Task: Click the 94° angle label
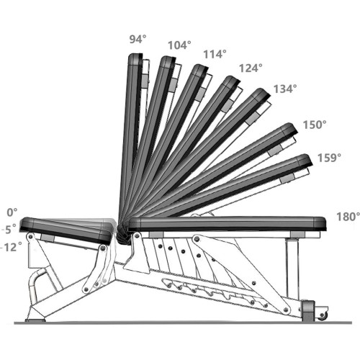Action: pos(138,39)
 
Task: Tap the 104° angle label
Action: pos(179,45)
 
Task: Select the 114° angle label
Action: pos(215,54)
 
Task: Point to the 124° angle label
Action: pos(251,68)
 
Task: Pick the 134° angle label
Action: pos(285,89)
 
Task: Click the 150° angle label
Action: pos(315,125)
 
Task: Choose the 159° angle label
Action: pos(329,158)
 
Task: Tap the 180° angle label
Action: pos(348,217)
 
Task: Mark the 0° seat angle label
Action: pos(12,212)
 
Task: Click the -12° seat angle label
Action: pos(12,247)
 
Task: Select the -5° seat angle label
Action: pos(9,229)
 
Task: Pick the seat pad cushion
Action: pos(67,230)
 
